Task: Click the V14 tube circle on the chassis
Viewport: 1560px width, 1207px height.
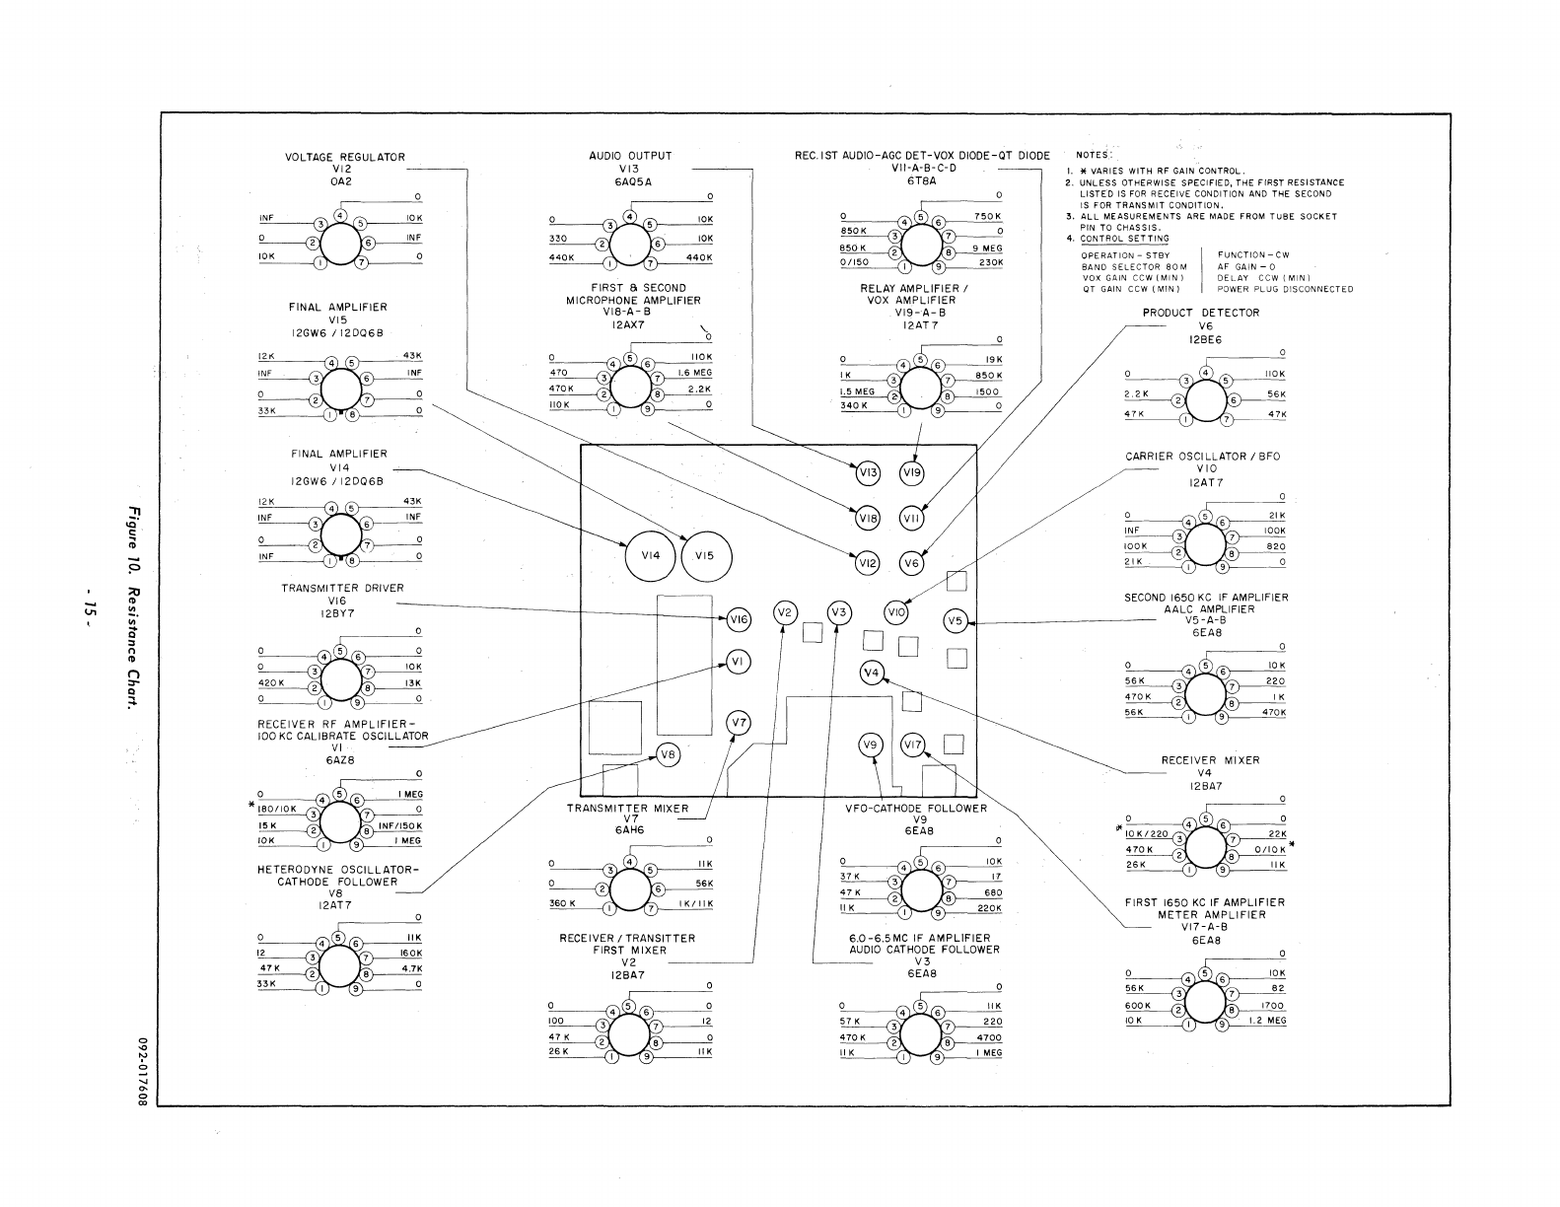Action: tap(649, 556)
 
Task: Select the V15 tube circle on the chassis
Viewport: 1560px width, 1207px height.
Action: tap(705, 556)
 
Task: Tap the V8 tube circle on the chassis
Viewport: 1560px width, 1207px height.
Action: tap(669, 755)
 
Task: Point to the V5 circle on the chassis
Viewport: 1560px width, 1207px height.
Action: tap(956, 621)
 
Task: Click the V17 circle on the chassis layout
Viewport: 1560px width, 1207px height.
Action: tap(912, 745)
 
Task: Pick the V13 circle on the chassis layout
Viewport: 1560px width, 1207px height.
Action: tap(868, 473)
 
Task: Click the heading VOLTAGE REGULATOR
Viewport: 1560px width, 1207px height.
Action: tap(344, 157)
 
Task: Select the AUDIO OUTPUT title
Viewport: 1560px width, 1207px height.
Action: tap(623, 156)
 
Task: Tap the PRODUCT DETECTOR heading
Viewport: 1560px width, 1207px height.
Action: tap(1201, 313)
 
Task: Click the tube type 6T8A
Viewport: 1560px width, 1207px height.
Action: tap(920, 180)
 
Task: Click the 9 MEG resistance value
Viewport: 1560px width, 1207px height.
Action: tap(986, 248)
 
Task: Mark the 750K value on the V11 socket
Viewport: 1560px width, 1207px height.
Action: tap(988, 217)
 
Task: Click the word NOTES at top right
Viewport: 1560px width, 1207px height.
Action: tap(1093, 156)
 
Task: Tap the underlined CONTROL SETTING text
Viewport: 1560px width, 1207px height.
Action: tap(1124, 239)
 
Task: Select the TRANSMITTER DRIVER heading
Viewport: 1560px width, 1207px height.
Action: tap(342, 588)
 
